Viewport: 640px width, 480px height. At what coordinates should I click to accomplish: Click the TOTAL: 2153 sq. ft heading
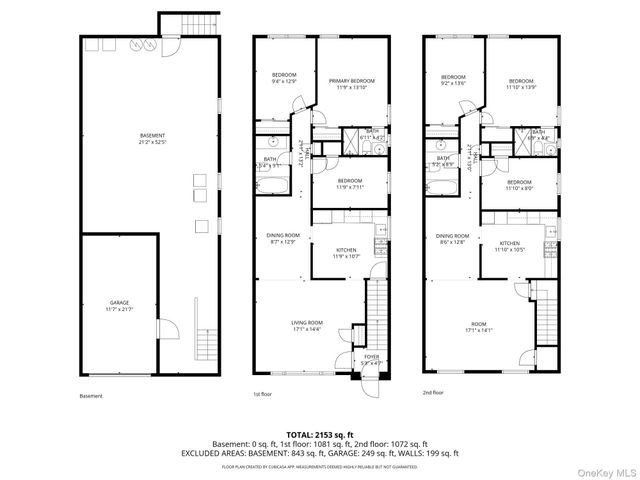[x=320, y=434]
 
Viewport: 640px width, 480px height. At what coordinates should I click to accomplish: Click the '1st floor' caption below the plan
[x=262, y=395]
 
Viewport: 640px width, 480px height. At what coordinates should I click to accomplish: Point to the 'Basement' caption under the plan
[x=91, y=396]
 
